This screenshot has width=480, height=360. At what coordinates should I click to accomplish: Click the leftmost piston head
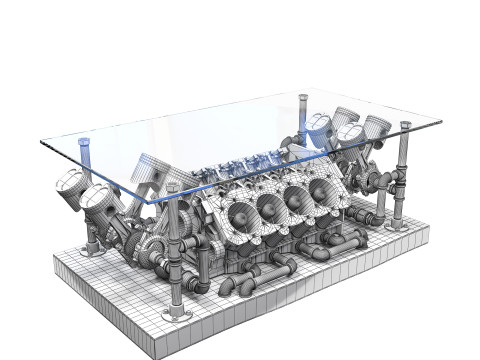[69, 185]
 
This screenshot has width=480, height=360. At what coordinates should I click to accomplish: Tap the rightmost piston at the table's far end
[376, 127]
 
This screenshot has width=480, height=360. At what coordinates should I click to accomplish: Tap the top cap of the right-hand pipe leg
[405, 126]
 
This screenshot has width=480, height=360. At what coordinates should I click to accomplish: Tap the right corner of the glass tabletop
[440, 122]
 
